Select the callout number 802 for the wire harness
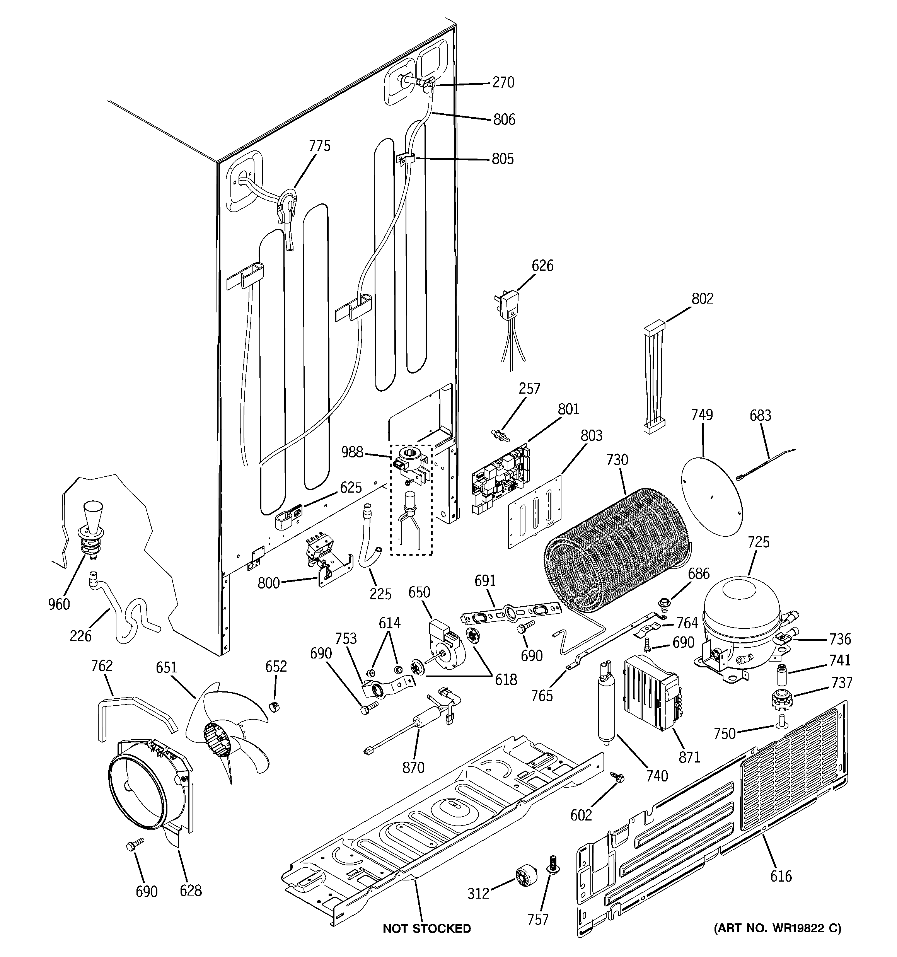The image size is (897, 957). [x=702, y=299]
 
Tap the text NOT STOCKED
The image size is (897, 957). [x=426, y=929]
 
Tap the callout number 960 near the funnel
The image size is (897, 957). [x=59, y=604]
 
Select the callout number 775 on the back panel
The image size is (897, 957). [x=320, y=146]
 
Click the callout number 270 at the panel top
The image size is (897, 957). [x=503, y=83]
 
